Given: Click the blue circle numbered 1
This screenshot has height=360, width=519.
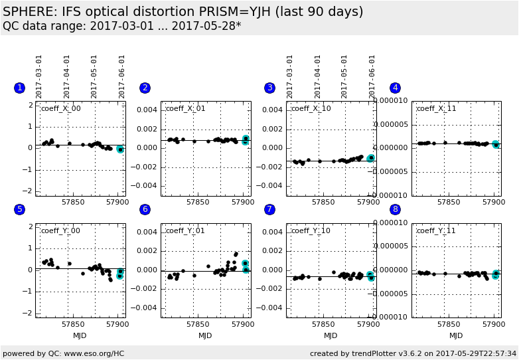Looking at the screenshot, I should pos(19,88).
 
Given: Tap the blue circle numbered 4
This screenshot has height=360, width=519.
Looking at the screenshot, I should pos(395,88).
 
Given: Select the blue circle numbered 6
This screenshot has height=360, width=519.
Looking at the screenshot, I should pos(145,209).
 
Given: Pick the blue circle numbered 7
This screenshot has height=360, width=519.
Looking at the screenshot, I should pos(269,209).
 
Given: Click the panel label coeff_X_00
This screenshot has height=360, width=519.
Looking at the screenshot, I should pos(61,109).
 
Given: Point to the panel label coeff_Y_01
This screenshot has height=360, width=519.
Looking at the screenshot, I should pos(186,230).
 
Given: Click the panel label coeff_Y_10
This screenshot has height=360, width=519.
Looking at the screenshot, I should pos(311,230).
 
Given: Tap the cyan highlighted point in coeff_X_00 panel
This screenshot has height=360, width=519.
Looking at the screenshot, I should pos(120,149).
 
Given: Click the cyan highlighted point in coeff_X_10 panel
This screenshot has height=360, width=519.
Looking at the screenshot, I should pos(371,158).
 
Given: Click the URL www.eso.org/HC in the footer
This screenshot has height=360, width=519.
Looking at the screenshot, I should pos(94,353).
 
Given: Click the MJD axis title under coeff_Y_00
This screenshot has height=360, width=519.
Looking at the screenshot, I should pos(80,335).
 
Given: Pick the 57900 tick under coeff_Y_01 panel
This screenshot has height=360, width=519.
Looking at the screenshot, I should pos(244,323).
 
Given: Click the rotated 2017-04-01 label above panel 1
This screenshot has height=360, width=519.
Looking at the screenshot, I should pos(67,76).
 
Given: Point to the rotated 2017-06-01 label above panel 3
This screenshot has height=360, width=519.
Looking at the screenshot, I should pos(372,76).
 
